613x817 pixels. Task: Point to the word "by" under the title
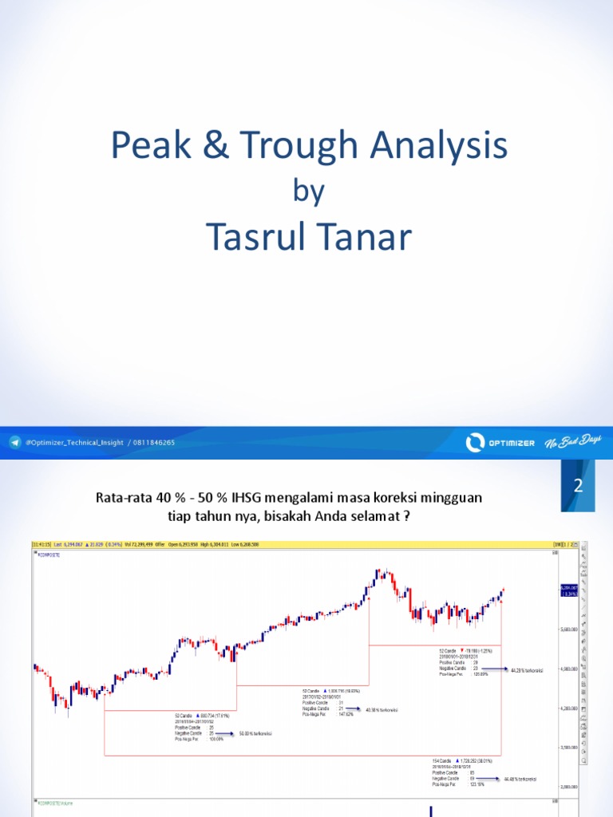[306, 192]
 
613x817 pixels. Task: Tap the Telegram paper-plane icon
[15, 442]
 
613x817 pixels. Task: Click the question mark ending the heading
[407, 515]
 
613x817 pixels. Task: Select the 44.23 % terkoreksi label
[528, 671]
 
